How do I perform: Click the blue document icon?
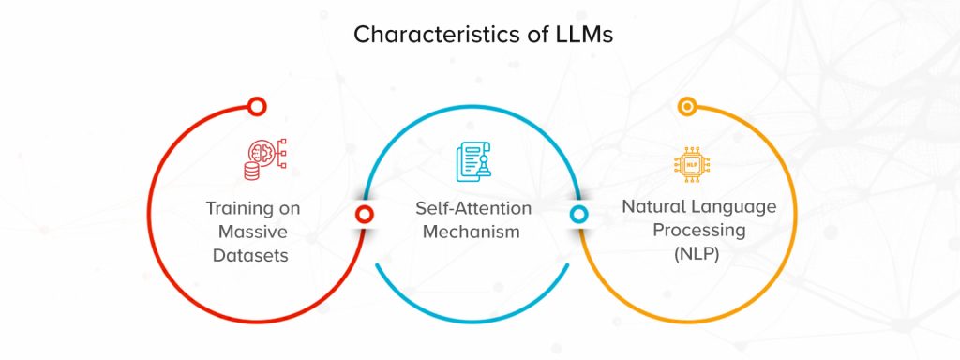(x=472, y=161)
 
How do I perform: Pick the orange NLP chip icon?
(x=692, y=161)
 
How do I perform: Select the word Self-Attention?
(x=473, y=207)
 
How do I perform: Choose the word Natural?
(x=654, y=206)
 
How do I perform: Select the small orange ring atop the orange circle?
(x=687, y=107)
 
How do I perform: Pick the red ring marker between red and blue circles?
(x=365, y=215)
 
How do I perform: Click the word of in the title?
(x=531, y=35)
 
